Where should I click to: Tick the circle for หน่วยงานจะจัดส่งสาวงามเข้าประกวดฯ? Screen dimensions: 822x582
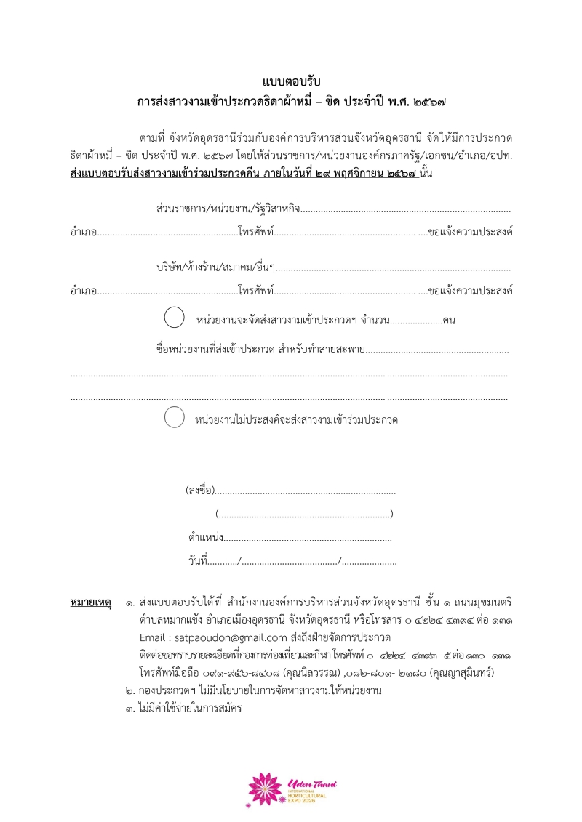click(174, 318)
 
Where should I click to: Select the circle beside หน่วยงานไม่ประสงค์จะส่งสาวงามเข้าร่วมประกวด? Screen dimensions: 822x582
click(174, 418)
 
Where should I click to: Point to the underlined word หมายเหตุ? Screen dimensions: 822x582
click(90, 603)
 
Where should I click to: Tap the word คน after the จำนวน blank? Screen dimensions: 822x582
click(449, 320)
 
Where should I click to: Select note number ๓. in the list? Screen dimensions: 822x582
click(130, 708)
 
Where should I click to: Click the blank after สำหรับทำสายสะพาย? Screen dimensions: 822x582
click(436, 350)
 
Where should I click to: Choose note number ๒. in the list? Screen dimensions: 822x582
click(130, 690)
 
